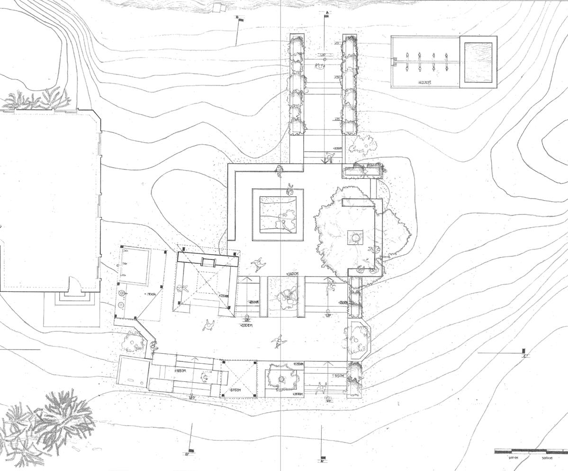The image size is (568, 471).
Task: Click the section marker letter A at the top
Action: coord(326,12)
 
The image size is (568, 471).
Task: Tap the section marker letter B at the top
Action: coord(237,17)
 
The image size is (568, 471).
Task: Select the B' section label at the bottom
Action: coord(187,454)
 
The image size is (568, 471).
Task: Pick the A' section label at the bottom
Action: coord(322,461)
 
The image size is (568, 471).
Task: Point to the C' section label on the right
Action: coord(525,356)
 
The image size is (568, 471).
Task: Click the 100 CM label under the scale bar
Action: coord(514,458)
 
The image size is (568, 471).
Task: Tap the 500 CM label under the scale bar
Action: coord(547,458)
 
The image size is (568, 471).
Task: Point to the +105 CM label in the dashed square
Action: coord(234,390)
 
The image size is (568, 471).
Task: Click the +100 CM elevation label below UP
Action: coord(246,326)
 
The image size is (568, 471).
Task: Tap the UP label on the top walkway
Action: coord(324,55)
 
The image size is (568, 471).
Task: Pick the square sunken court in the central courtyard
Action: coord(278,214)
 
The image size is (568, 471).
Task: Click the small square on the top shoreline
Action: coord(218,7)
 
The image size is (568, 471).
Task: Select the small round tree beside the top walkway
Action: coord(365,144)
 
